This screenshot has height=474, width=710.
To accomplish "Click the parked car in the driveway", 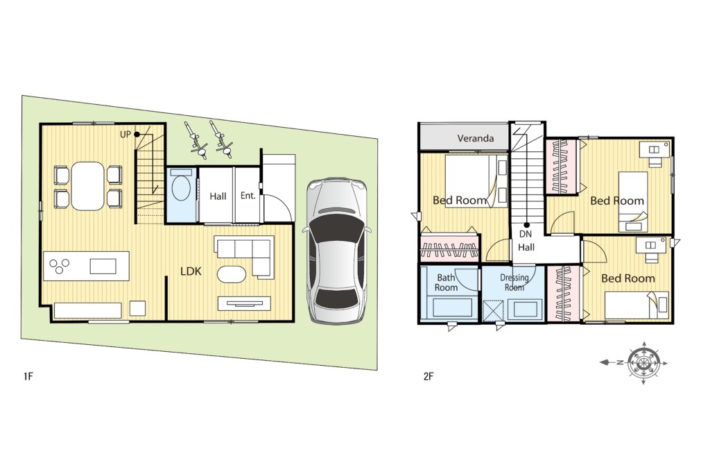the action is [336, 251].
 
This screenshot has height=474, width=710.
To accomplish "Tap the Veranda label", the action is [476, 138].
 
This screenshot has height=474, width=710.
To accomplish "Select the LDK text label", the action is [191, 271].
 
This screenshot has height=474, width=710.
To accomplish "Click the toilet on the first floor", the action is [182, 189].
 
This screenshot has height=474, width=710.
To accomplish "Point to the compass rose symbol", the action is [643, 362].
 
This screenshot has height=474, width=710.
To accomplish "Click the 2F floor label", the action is [428, 375].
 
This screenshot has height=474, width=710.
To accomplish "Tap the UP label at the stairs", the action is [125, 135].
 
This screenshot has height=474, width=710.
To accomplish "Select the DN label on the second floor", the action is [526, 235].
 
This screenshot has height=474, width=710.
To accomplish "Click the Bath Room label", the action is [446, 282].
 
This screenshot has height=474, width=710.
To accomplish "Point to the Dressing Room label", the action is [514, 282].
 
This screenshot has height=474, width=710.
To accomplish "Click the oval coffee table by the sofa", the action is [232, 274].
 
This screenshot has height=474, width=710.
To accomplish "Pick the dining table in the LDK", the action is [88, 186].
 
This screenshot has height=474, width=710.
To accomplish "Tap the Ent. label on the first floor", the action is [248, 196].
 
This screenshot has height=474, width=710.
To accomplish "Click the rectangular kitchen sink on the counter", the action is [103, 266].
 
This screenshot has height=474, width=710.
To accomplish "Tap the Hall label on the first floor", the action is [218, 196].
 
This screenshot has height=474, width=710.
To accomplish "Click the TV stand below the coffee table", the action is [245, 303].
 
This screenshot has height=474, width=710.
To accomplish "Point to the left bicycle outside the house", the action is [195, 139].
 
